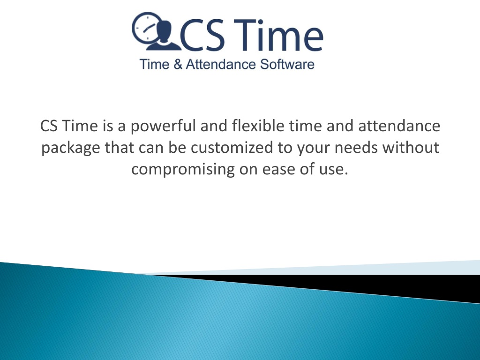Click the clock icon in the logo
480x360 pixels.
click(x=144, y=28)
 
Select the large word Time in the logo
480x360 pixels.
click(x=277, y=34)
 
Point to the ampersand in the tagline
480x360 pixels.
click(x=178, y=64)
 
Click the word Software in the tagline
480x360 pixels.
click(x=287, y=64)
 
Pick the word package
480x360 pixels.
click(x=71, y=148)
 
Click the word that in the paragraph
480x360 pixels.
click(x=120, y=147)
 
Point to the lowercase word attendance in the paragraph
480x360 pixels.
click(x=399, y=126)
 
